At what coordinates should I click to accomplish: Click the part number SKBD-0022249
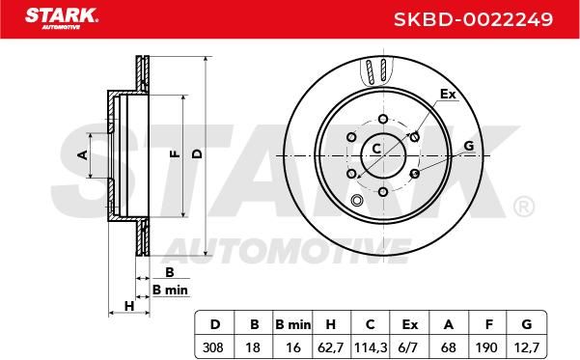(x=473, y=19)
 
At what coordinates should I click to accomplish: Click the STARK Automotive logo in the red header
(x=62, y=18)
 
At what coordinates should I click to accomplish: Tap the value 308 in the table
(x=213, y=347)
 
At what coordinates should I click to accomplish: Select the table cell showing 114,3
(x=371, y=347)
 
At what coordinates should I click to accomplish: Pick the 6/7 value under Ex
(x=409, y=347)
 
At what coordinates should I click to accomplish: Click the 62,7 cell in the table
(x=331, y=347)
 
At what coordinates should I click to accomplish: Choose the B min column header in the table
(x=293, y=325)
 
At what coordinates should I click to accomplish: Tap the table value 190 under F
(x=487, y=347)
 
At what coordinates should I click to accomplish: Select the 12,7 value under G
(x=527, y=347)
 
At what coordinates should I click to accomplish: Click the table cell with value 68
(x=449, y=347)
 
